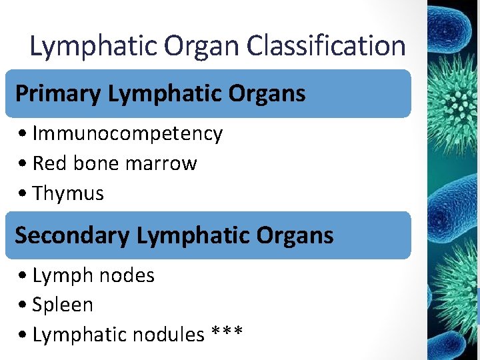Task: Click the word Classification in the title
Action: coord(326,46)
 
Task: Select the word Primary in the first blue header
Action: coord(58,94)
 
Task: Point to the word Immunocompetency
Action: coord(127,133)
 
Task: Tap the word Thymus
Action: coord(68,193)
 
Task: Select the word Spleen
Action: coord(63,305)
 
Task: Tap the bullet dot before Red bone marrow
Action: coord(23,164)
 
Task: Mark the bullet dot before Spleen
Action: coord(23,305)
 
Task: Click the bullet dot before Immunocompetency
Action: coord(23,134)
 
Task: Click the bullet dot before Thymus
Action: coord(23,194)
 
